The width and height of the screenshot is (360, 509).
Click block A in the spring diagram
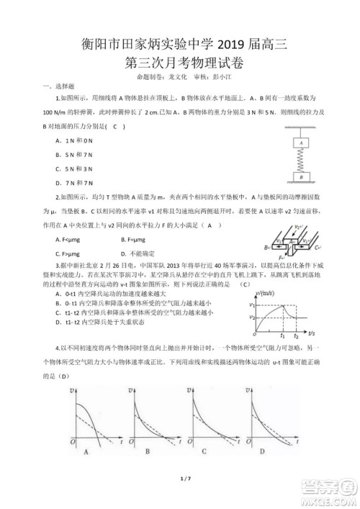(x=297, y=144)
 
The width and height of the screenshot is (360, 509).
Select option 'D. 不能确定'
(x=138, y=253)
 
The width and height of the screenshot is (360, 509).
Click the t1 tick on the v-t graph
(x=282, y=335)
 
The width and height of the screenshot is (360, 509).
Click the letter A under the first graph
(x=86, y=451)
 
